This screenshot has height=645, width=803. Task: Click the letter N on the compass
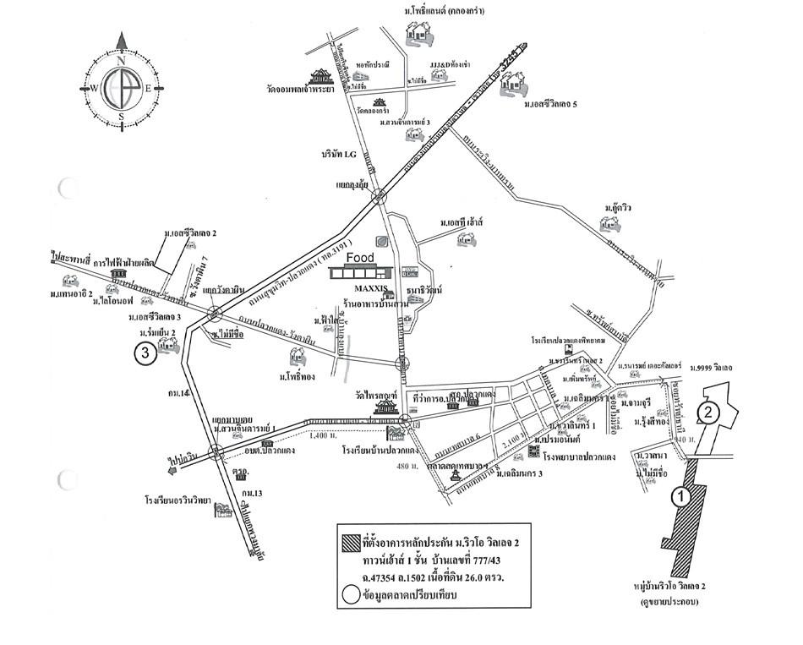coord(121,61)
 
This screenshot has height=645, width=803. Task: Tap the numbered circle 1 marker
coord(677,498)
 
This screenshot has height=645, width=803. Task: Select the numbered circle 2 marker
coord(707,412)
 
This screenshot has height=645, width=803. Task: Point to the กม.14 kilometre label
coord(178,394)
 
